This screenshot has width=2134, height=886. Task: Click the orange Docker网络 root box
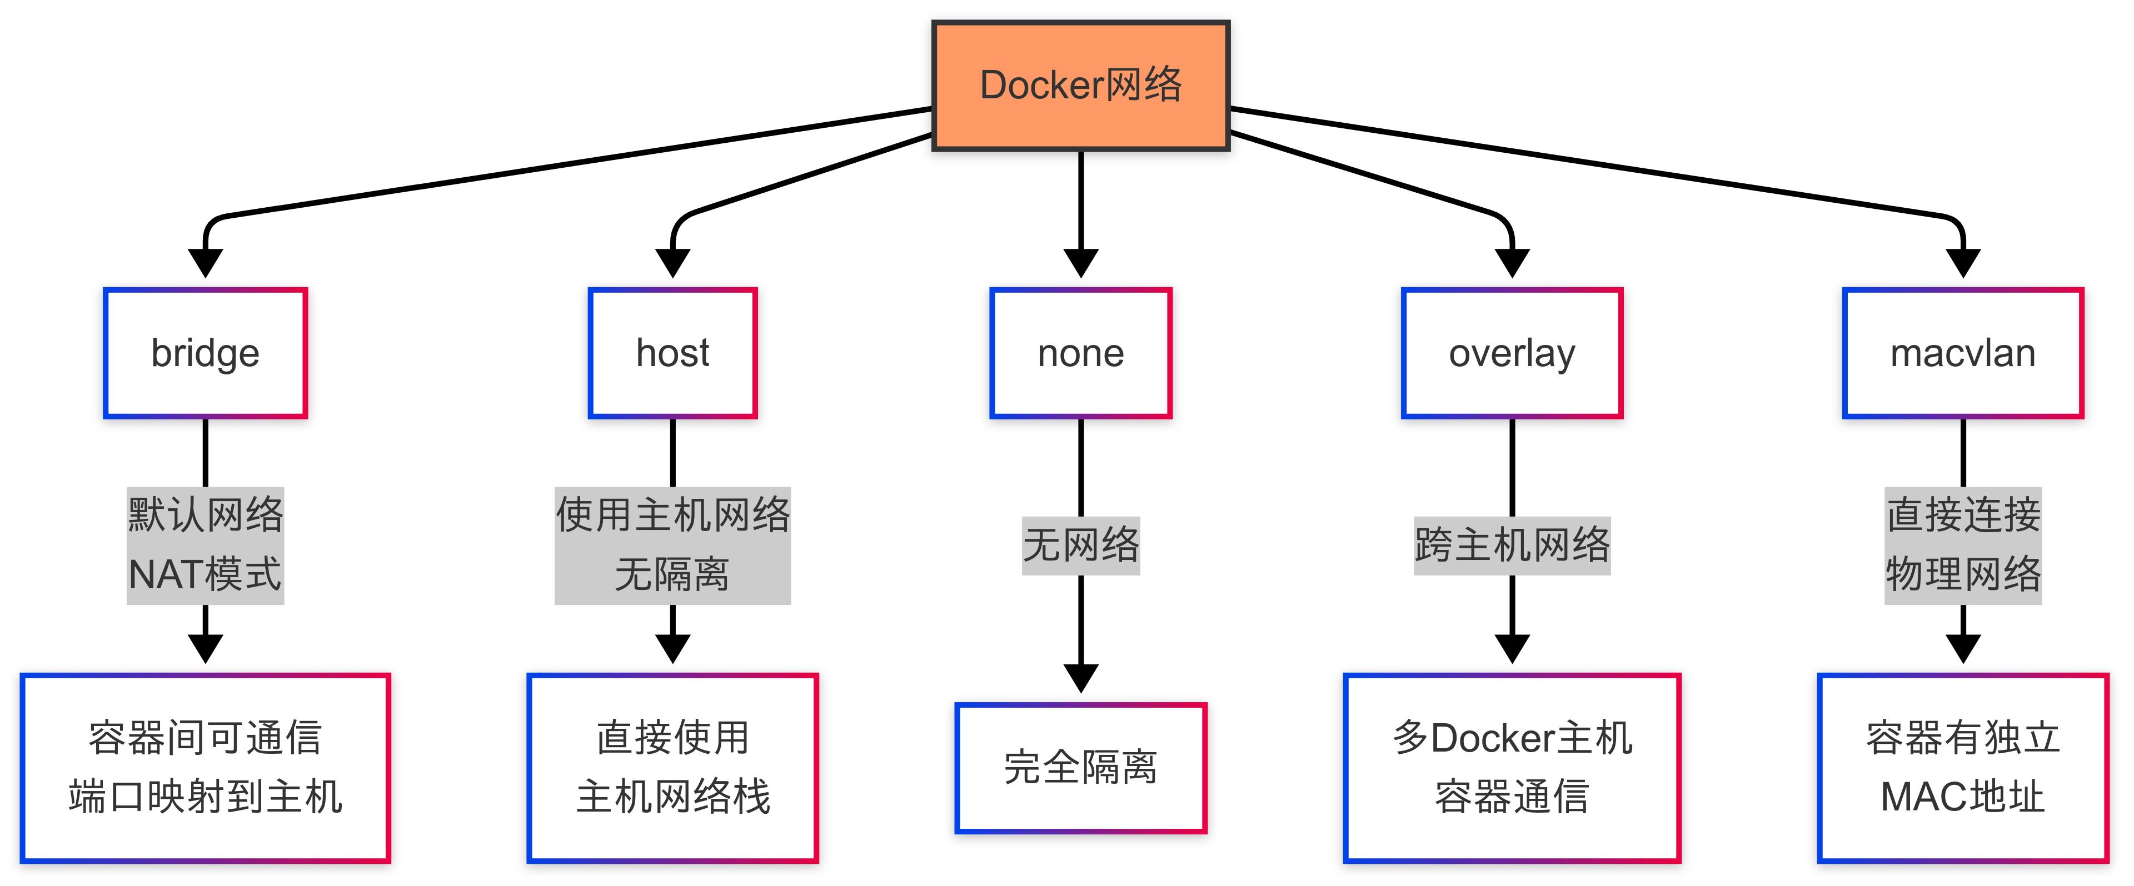1080,86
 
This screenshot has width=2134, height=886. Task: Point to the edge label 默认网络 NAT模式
206,545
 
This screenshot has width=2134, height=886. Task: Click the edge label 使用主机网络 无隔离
672,545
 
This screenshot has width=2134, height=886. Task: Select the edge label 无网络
1080,545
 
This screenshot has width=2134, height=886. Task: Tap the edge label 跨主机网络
1512,545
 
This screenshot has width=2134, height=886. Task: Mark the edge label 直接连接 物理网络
1962,545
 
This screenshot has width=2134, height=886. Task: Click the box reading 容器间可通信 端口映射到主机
206,768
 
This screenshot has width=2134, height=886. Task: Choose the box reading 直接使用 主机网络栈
672,768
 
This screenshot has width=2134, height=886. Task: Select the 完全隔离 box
1080,768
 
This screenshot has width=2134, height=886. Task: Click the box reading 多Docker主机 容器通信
1512,768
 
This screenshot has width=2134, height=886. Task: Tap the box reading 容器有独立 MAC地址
1962,768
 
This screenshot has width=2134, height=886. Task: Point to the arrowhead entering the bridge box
206,263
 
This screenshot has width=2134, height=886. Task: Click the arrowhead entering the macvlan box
1962,263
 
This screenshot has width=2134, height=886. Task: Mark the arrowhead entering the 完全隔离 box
1080,678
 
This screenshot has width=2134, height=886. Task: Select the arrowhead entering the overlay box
1512,263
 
